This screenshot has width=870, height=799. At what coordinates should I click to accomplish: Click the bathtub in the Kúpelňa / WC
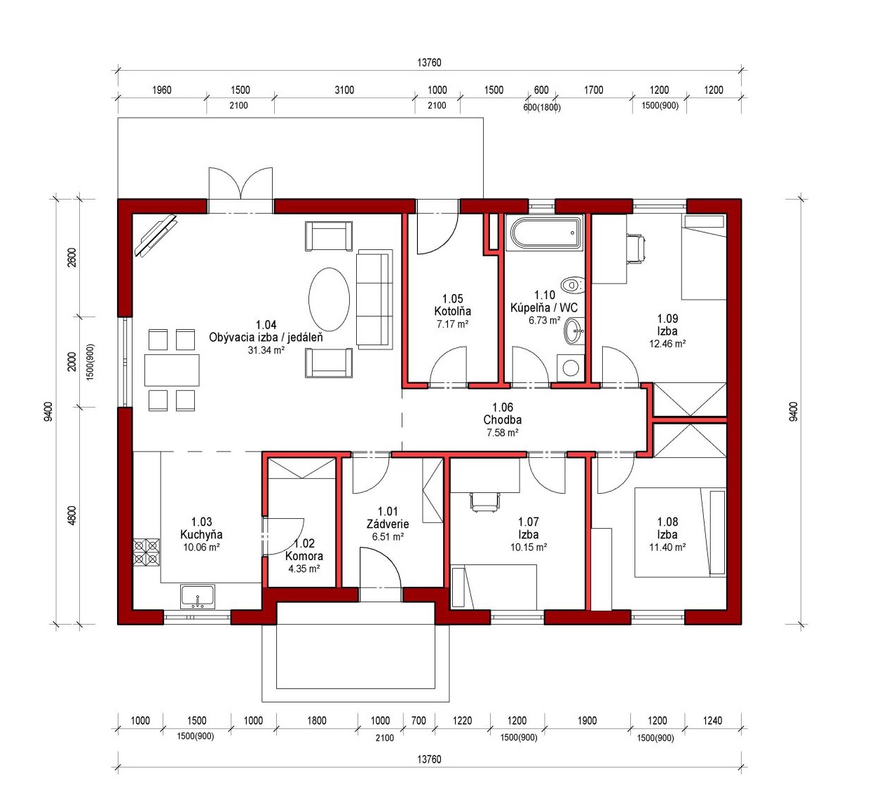[545, 233]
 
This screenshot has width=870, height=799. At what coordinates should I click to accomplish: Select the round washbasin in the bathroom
[574, 331]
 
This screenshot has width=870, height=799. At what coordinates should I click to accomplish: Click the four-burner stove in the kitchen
[146, 553]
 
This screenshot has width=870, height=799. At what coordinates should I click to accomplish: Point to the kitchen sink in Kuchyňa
[198, 597]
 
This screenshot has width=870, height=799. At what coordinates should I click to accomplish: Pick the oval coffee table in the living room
[329, 300]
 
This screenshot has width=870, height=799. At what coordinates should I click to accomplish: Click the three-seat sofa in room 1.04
[374, 299]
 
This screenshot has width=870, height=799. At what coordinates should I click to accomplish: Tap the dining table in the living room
[172, 370]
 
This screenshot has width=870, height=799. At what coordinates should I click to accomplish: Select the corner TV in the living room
[155, 235]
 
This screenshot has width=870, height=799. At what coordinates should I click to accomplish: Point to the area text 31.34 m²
[266, 349]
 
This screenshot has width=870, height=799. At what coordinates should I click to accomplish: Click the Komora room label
[304, 556]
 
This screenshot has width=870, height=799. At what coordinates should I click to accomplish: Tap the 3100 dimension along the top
[344, 90]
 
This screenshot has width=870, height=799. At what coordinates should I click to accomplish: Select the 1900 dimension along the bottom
[587, 721]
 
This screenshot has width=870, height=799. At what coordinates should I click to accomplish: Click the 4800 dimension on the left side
[72, 515]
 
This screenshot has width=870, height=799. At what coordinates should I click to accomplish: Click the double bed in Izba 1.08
[680, 532]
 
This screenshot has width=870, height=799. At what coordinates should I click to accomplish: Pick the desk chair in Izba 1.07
[484, 502]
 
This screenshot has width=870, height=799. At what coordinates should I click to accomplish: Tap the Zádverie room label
[388, 524]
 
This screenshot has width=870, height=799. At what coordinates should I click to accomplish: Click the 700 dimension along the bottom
[419, 721]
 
